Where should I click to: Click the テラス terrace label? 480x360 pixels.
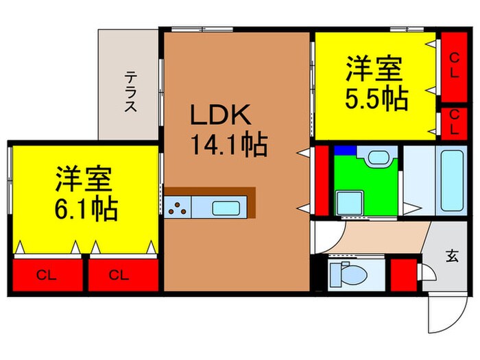point(130,92)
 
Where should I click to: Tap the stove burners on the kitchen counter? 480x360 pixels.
point(178,206)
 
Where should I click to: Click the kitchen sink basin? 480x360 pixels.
point(225,208)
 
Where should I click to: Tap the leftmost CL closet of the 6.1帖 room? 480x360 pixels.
point(46,275)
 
